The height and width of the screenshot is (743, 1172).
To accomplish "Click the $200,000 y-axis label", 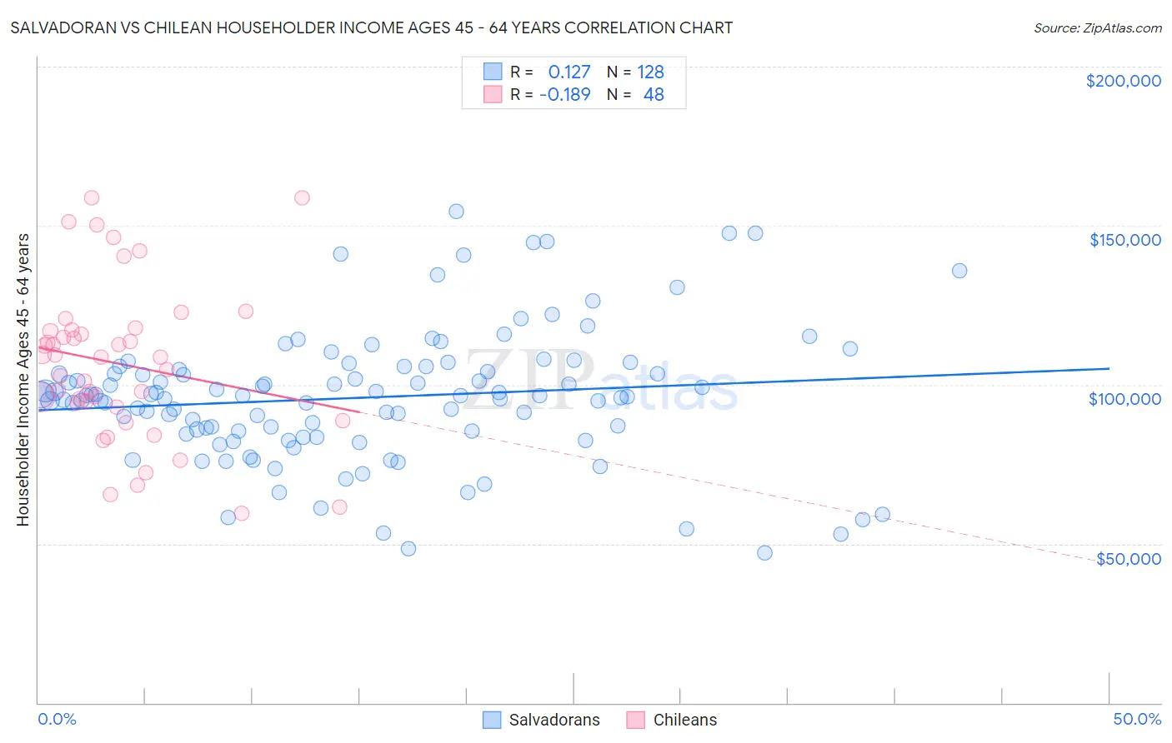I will pyautogui.click(x=1123, y=81).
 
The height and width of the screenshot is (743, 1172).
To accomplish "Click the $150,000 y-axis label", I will pyautogui.click(x=1124, y=240).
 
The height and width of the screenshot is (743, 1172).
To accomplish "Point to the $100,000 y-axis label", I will pyautogui.click(x=1124, y=399).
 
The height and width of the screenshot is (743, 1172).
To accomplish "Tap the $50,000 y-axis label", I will pyautogui.click(x=1128, y=559).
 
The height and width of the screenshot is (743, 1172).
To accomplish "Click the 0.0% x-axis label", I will pyautogui.click(x=57, y=719).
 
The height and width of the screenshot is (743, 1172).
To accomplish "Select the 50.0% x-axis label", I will pyautogui.click(x=1137, y=719).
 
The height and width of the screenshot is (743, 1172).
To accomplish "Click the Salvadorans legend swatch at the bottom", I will pyautogui.click(x=492, y=720).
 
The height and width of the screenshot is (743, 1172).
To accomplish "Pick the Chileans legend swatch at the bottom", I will pyautogui.click(x=636, y=720).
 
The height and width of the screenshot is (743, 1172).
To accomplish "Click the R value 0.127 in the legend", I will pyautogui.click(x=568, y=72).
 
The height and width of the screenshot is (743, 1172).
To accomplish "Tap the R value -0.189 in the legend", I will pyautogui.click(x=564, y=95).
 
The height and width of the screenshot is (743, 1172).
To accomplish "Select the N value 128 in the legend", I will pyautogui.click(x=650, y=72).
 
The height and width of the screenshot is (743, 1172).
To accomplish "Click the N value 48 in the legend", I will pyautogui.click(x=654, y=95).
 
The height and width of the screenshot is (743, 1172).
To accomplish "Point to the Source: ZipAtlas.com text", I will pyautogui.click(x=1097, y=27).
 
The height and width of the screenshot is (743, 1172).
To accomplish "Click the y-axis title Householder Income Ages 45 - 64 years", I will pyautogui.click(x=23, y=380).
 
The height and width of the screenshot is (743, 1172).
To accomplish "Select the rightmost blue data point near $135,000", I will pyautogui.click(x=959, y=271).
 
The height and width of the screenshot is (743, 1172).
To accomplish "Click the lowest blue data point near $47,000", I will pyautogui.click(x=764, y=553).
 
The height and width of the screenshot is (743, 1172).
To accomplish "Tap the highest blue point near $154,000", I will pyautogui.click(x=456, y=212).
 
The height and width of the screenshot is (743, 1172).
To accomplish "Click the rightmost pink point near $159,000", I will pyautogui.click(x=302, y=198).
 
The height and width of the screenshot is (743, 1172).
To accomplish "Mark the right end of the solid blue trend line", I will pyautogui.click(x=1109, y=368).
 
